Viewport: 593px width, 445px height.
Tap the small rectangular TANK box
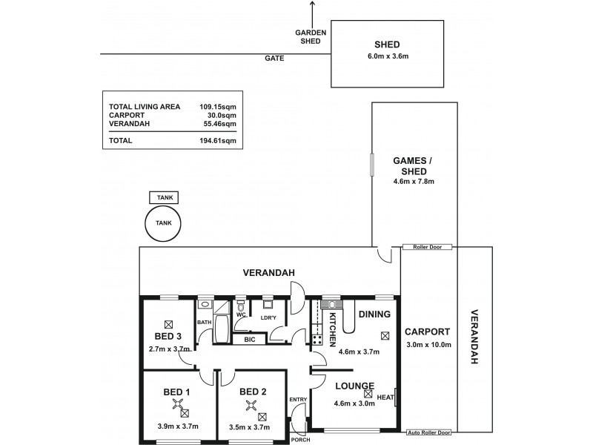coord(165,198)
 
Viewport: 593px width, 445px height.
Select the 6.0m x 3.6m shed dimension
coord(388,57)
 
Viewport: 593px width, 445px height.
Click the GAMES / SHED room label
coord(414,165)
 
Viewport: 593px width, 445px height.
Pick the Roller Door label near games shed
coord(428,247)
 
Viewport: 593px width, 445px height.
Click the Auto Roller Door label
coord(429,432)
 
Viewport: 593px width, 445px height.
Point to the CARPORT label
coord(428,332)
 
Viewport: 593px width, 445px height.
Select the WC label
coord(241,314)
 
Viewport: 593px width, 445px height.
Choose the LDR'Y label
coord(268,319)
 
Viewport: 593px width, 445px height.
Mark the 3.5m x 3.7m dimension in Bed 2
coord(250,426)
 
